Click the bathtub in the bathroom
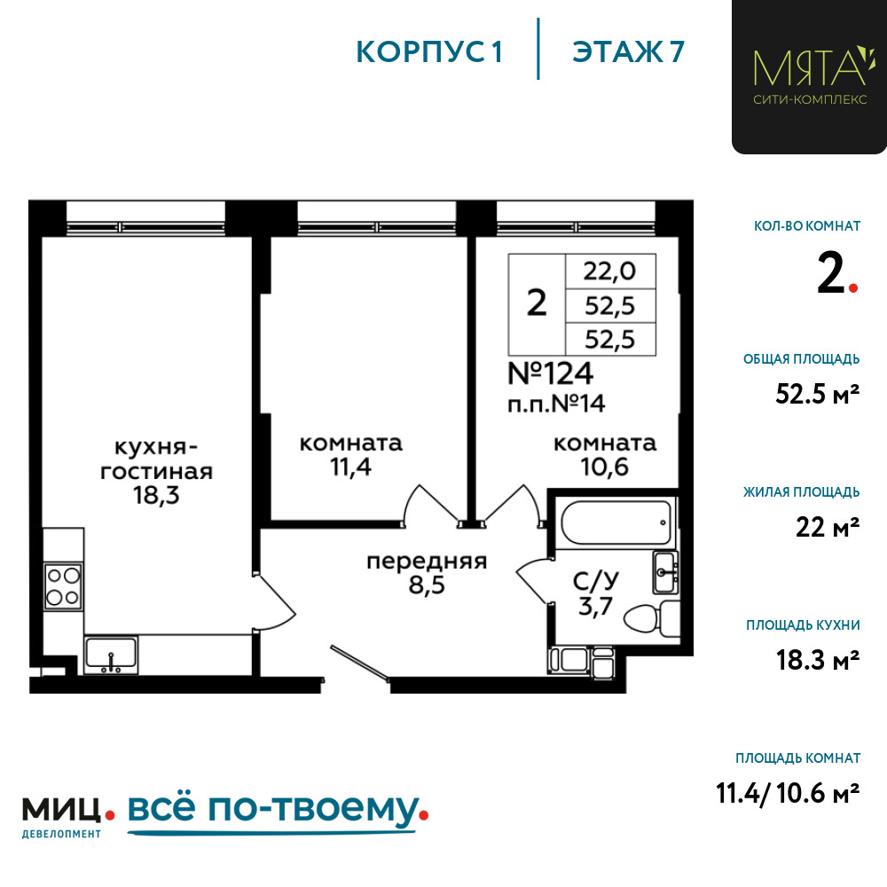click(x=616, y=522)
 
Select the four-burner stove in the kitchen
click(x=63, y=586)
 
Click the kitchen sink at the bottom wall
click(x=111, y=655)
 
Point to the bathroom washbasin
click(x=665, y=572)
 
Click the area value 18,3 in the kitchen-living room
click(x=156, y=496)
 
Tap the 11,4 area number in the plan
click(x=350, y=467)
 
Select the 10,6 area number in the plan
click(x=604, y=467)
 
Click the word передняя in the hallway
click(x=427, y=561)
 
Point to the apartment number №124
click(x=551, y=373)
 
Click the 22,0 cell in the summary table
click(x=610, y=271)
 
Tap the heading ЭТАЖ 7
click(x=628, y=51)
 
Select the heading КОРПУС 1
click(x=429, y=51)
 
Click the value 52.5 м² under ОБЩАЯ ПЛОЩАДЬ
click(x=818, y=394)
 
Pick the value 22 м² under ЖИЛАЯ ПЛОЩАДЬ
click(x=828, y=527)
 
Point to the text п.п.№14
click(x=556, y=404)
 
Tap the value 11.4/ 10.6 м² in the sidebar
click(x=788, y=793)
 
